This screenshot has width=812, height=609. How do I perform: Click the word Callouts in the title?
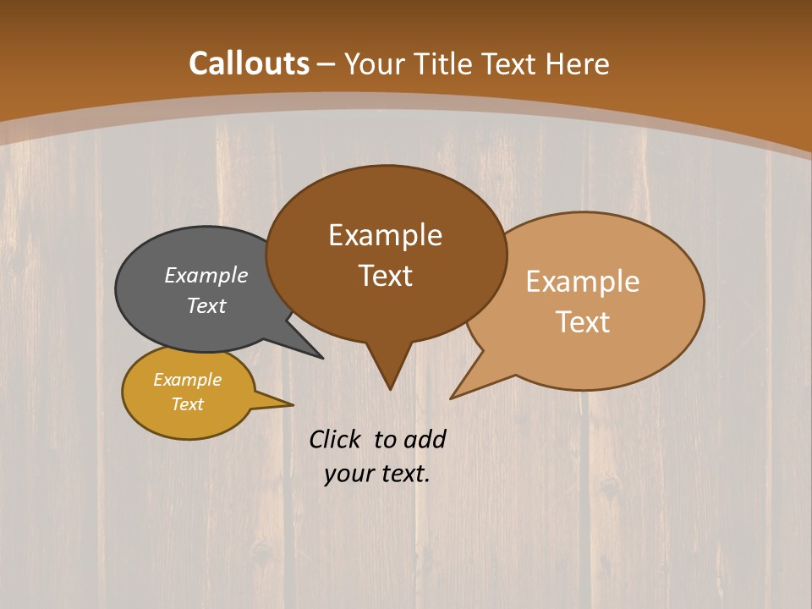pos(249,63)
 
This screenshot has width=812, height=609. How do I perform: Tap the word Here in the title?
pos(577,64)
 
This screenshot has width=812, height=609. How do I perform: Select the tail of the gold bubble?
pos(283,403)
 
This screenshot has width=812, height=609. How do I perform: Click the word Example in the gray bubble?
pos(206,275)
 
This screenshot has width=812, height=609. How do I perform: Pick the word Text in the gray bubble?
pos(206,305)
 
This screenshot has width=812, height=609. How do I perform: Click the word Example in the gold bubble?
pos(187,380)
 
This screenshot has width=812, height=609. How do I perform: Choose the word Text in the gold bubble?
pos(187,404)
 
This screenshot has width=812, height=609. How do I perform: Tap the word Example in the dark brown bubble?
pos(385,235)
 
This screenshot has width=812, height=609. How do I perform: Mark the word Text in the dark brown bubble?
pos(386,276)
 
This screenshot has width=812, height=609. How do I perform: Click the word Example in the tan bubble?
pos(583,282)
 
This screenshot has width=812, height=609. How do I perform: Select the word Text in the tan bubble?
pos(583,322)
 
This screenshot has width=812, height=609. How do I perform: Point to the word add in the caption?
pos(424,439)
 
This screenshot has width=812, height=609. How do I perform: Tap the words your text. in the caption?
pos(377,474)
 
